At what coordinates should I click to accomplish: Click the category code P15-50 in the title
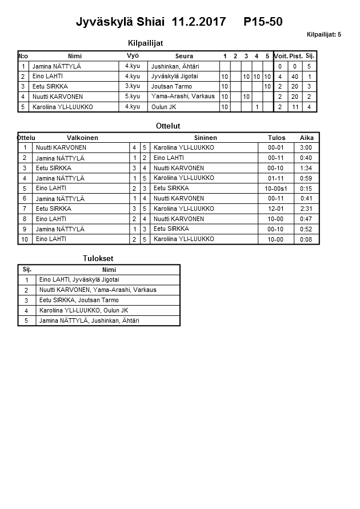(x=263, y=22)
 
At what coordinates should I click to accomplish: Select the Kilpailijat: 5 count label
(x=323, y=35)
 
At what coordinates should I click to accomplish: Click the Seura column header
(x=183, y=56)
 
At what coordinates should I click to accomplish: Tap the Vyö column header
(x=132, y=56)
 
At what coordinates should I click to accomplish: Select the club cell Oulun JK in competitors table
(x=164, y=107)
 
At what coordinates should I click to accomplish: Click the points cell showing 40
(x=295, y=77)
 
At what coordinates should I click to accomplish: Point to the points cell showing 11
(x=295, y=107)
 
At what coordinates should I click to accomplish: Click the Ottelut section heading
(x=168, y=126)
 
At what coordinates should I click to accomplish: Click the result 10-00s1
(x=276, y=189)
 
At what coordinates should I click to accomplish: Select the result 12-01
(x=275, y=209)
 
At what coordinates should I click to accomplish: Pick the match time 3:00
(x=306, y=148)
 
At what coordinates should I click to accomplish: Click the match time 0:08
(x=306, y=239)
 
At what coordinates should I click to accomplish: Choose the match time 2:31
(x=306, y=209)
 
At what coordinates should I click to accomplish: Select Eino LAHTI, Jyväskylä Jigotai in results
(x=79, y=280)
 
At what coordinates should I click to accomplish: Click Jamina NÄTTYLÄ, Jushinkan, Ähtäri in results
(x=89, y=321)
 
